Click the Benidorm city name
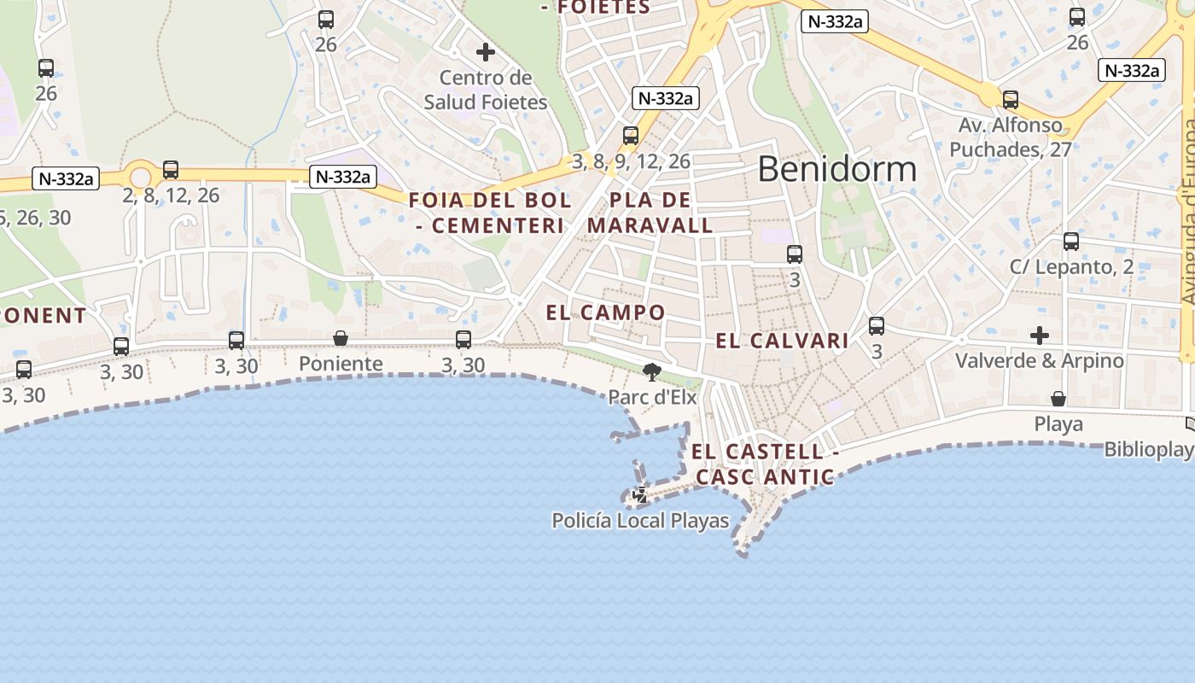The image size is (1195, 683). [836, 169]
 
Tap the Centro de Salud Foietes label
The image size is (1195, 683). [486, 90]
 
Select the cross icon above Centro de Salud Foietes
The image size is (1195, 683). [486, 52]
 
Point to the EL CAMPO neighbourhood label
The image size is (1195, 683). [605, 312]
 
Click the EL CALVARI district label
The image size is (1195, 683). [782, 341]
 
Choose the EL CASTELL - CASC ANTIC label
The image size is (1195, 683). [764, 464]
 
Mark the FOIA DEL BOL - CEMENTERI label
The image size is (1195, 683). [490, 213]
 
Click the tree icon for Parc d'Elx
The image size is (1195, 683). [652, 371]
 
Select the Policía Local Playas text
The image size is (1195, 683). [640, 521]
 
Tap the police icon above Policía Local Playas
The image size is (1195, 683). [639, 494]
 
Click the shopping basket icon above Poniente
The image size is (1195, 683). [341, 338]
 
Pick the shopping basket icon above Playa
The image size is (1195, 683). [1058, 399]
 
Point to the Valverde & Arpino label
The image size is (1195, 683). [1039, 360]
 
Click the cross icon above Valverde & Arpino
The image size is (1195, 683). [1039, 334]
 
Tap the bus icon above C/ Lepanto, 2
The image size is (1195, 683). [1071, 242]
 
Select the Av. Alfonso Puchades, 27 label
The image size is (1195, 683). [1011, 137]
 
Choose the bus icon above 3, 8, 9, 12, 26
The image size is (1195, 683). [631, 136]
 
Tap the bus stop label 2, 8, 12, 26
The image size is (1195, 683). [171, 196]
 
